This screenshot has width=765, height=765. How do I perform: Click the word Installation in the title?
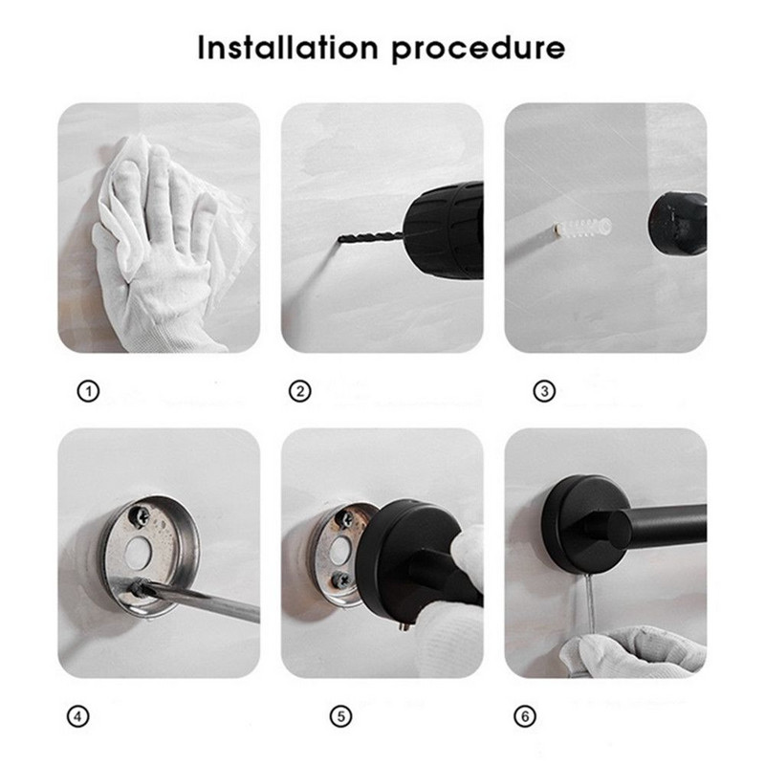288,48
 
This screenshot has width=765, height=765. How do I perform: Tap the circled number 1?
88,391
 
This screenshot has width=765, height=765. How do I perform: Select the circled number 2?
300,391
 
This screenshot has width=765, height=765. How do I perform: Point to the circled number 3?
544,391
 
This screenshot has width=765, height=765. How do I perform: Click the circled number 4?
78,716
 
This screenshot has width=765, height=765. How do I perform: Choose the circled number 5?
341,716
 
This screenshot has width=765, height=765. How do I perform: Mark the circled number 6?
525,716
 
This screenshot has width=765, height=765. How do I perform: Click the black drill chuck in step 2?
444,231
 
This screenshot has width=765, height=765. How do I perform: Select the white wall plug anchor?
582,228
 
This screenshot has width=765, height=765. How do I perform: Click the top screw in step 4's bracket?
138,516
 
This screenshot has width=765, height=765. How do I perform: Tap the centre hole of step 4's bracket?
139,553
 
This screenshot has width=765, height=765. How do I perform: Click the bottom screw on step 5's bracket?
340,580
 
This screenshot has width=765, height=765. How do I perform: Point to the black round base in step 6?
580,524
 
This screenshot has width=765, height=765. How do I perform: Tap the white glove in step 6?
634,651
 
